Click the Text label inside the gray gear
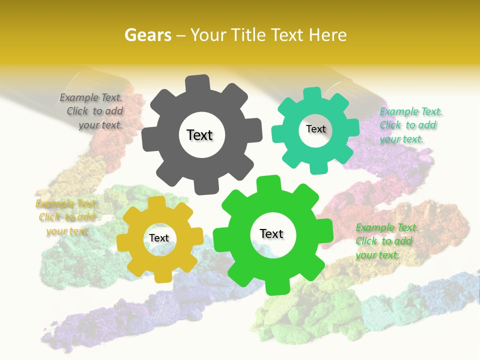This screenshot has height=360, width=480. (x=199, y=135)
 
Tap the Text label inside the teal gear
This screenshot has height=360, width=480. (x=315, y=129)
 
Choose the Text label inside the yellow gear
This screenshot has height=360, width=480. (x=159, y=238)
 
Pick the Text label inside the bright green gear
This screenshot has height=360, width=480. (x=271, y=233)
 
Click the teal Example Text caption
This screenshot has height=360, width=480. (x=410, y=125)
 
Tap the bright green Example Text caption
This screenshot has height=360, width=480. (x=385, y=241)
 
